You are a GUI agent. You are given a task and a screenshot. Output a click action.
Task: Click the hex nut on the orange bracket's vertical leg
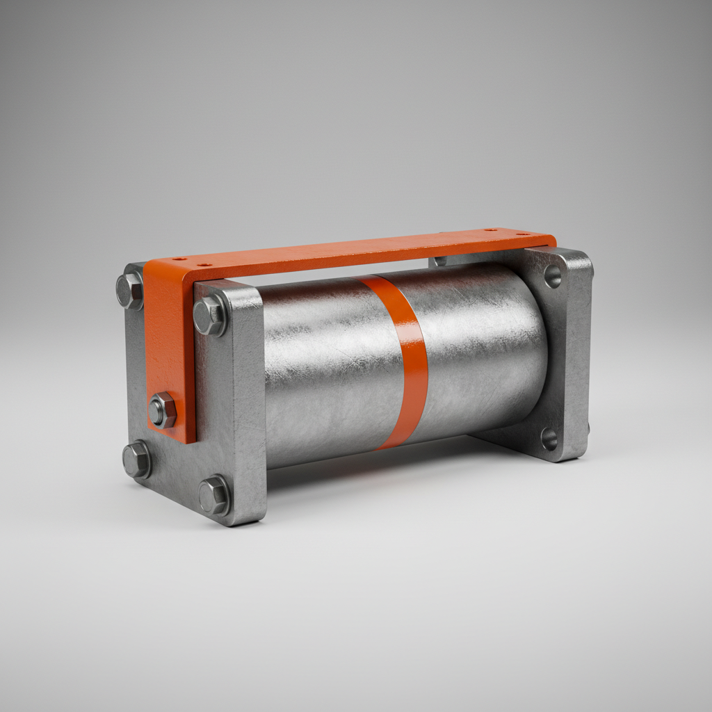point(162,410)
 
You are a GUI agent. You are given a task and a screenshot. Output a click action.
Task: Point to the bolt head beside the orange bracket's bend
point(130,291)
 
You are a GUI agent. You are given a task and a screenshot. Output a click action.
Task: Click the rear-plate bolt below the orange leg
point(137,459)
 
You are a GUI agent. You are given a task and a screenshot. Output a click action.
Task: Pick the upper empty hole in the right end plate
point(553,276)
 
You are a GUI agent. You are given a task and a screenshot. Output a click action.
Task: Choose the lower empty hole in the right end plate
point(549,439)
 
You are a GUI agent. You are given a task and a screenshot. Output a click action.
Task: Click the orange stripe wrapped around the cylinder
point(410,362)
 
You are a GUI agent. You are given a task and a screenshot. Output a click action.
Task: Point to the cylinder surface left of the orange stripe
point(320,369)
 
